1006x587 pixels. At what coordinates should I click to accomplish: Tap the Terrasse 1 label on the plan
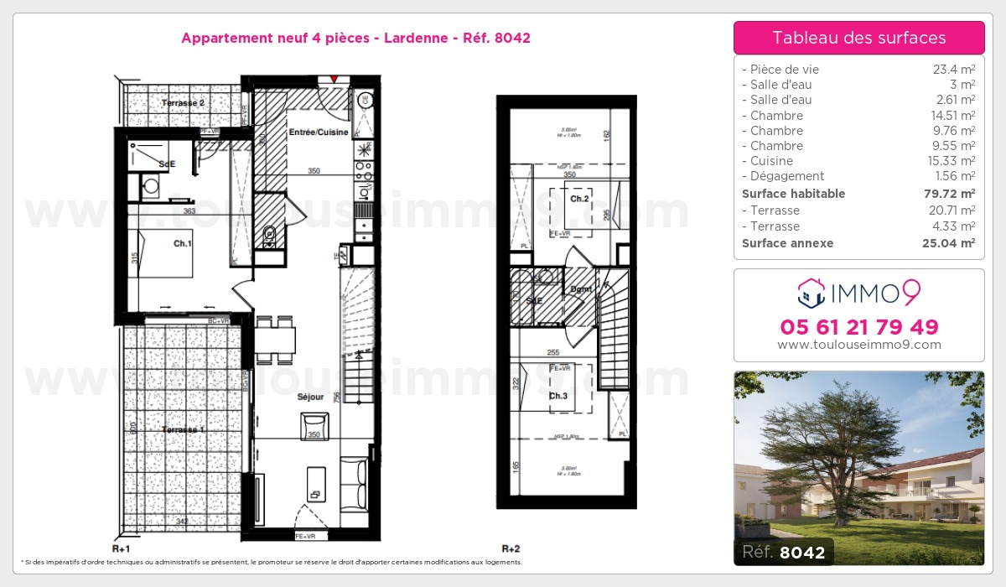[183, 429]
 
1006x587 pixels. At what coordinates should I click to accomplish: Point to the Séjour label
[310, 397]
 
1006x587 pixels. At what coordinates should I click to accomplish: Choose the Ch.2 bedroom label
[579, 200]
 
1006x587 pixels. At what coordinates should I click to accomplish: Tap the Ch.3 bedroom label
[559, 396]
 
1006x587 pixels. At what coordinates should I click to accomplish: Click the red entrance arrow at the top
[334, 79]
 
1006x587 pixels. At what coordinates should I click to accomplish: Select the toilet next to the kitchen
[269, 234]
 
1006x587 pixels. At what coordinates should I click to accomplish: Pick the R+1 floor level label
[122, 548]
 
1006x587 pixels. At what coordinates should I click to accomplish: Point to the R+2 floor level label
[511, 548]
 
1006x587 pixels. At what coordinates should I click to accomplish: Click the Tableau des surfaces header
[858, 38]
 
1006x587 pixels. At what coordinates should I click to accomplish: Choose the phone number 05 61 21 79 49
[858, 327]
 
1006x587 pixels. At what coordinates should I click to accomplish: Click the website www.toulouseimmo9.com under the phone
[858, 345]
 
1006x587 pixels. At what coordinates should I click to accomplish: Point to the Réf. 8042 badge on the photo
[784, 552]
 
